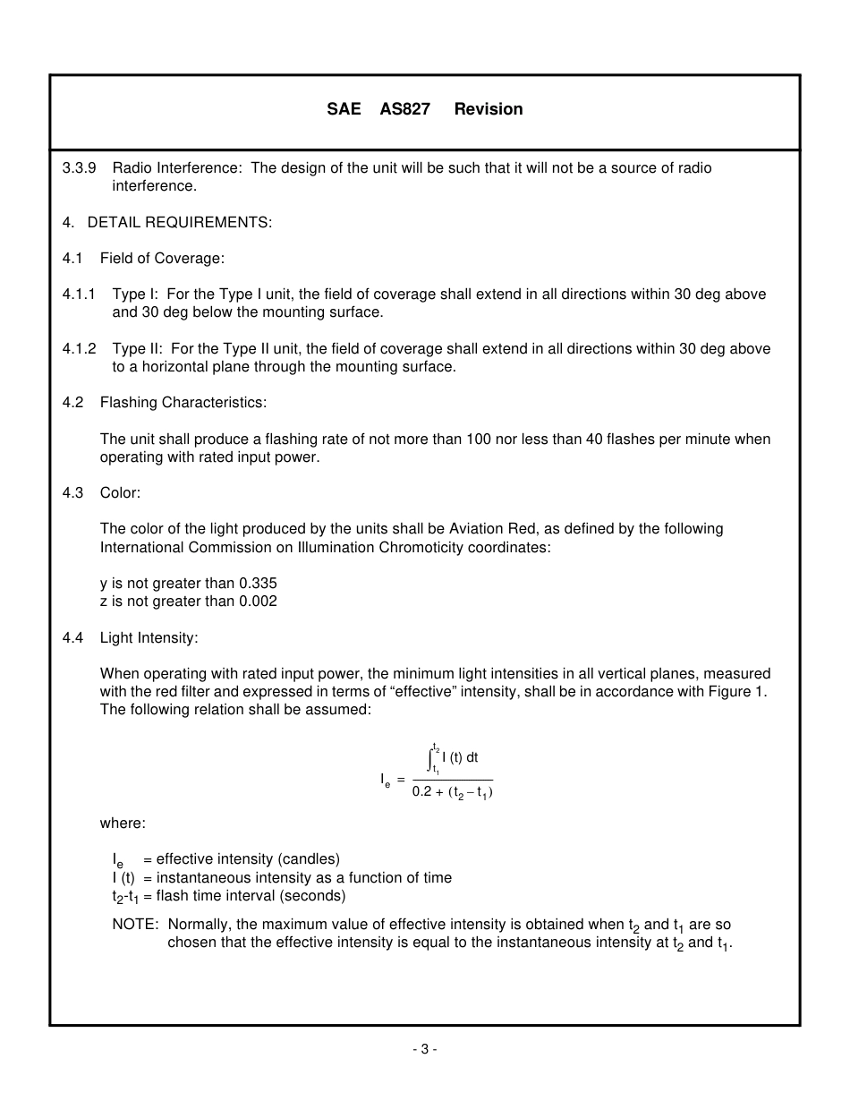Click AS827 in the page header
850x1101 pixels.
pyautogui.click(x=404, y=109)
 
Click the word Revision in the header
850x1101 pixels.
pyautogui.click(x=489, y=109)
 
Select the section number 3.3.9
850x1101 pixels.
pyautogui.click(x=80, y=168)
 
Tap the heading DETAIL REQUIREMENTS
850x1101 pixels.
pyautogui.click(x=180, y=223)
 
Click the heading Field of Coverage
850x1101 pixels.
pyautogui.click(x=162, y=259)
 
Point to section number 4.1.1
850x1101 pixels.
pyautogui.click(x=79, y=294)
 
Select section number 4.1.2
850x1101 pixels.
pyautogui.click(x=79, y=349)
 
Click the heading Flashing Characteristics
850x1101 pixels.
pyautogui.click(x=183, y=403)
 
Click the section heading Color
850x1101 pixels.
pyautogui.click(x=120, y=493)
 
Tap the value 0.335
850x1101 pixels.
pyautogui.click(x=258, y=584)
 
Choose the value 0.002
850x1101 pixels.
pyautogui.click(x=258, y=602)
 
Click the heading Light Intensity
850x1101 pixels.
pyautogui.click(x=149, y=638)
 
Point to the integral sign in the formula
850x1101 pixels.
pyautogui.click(x=431, y=758)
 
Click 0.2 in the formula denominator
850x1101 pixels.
pyautogui.click(x=421, y=792)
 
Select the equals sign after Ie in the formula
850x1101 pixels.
pyautogui.click(x=401, y=779)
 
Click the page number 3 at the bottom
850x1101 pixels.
pyautogui.click(x=425, y=1050)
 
